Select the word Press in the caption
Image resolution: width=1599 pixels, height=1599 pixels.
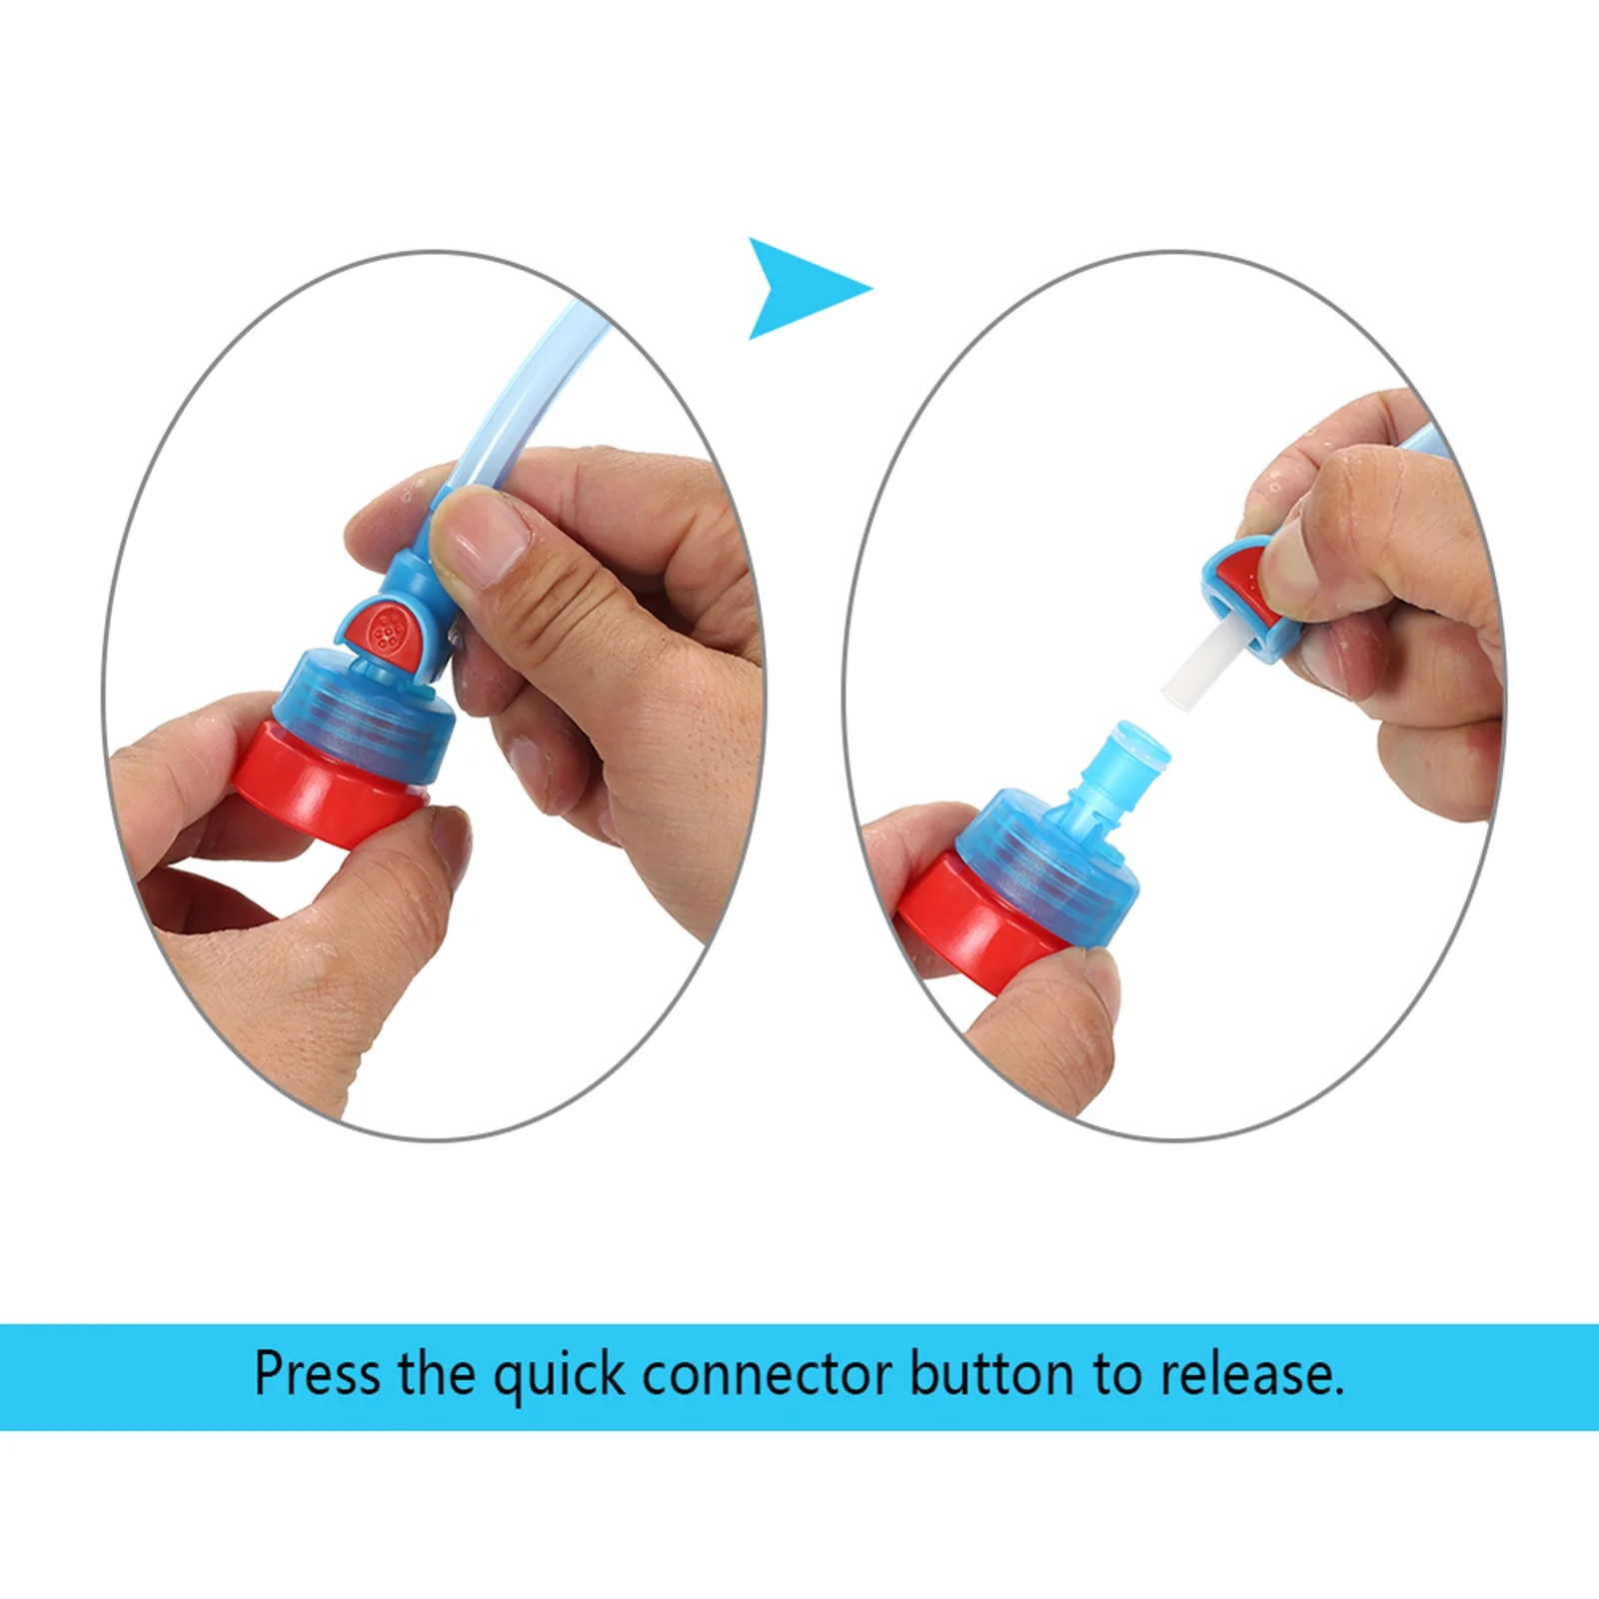tap(317, 1374)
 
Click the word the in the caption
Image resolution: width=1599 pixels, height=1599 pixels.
tap(436, 1374)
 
